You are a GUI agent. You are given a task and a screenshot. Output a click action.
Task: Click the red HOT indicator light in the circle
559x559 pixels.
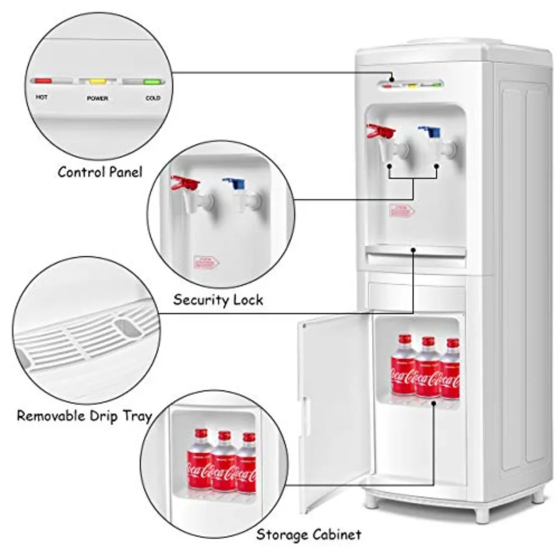42,81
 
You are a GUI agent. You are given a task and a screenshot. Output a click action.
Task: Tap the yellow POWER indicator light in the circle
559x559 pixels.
98,81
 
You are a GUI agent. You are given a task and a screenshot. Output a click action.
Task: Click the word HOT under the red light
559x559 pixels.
42,98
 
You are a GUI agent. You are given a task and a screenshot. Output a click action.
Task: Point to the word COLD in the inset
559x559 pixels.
153,98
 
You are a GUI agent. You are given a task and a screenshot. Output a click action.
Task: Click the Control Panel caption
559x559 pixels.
100,172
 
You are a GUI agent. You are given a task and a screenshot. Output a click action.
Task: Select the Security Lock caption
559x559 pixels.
218,300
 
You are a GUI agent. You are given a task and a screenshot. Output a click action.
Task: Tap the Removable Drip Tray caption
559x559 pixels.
84,416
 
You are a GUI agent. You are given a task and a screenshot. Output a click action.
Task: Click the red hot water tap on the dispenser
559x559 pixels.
381,132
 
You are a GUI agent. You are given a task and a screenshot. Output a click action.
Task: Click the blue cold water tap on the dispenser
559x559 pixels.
430,132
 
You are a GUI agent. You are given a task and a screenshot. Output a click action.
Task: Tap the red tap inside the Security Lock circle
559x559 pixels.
186,183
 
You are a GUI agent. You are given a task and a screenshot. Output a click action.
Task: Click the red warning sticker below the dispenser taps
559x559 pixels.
402,210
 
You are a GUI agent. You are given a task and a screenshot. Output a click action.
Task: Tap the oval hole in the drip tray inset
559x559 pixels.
128,327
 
